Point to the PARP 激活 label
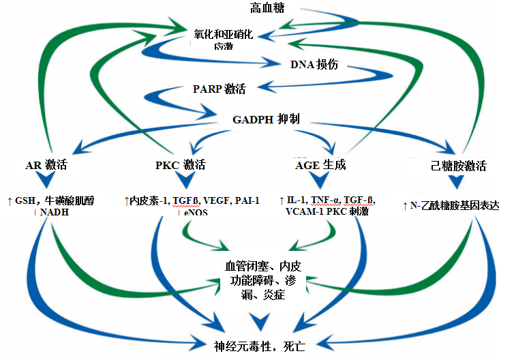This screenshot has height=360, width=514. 219,89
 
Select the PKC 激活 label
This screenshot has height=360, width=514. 181,165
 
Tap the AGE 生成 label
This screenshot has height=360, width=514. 320,165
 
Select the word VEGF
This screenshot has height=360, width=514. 217,200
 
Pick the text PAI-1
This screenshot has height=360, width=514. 247,200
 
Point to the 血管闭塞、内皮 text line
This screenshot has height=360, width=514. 261,265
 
